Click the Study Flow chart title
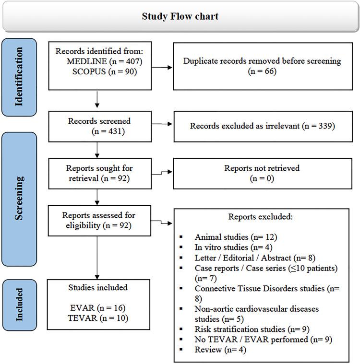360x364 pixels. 180,16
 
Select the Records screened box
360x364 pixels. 97,126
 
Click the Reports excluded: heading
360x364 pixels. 260,217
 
